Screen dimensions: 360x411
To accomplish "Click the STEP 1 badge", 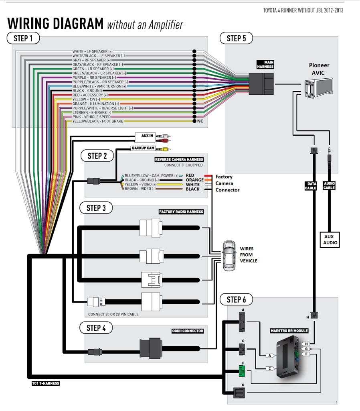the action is coord(23,38).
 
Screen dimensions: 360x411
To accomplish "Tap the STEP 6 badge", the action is coord(236,299).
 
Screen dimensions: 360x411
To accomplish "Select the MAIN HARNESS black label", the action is coord(265,65).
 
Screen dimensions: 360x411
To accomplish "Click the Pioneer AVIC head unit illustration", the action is coord(319,87).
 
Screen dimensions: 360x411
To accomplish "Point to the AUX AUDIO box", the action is coord(330,240).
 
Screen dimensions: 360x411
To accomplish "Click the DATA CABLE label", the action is coord(311,186).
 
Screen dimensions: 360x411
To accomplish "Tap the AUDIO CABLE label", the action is coord(329,185).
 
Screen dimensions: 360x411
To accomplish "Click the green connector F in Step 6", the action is coord(242,371).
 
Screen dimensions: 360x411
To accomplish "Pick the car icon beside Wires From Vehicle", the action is coord(229,255).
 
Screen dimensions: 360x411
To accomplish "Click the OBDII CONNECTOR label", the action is coord(188,331).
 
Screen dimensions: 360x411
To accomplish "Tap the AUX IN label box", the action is coord(145,137).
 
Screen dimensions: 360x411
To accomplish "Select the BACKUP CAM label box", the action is coord(143,148).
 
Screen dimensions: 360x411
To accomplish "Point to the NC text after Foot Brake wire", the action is coord(200,121).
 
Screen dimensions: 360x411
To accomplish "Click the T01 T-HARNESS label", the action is coord(46,383).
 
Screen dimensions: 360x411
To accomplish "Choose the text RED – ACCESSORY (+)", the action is coord(90,95).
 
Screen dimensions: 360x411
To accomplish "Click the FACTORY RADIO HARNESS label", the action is coord(181,212).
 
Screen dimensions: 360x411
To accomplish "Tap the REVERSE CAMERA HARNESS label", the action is coord(179,159).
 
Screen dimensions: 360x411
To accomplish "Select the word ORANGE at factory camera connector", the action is coord(194,180).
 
